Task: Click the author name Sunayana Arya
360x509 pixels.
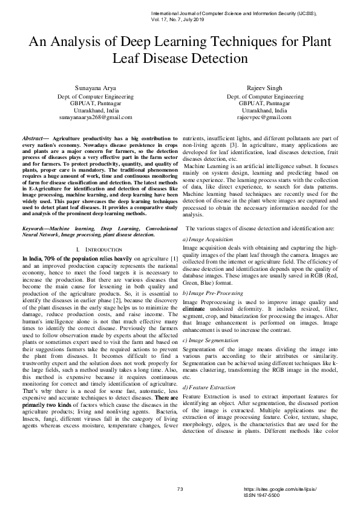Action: (96, 88)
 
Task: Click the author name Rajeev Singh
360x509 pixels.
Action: (264, 88)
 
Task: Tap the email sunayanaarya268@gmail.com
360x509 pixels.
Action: (96, 117)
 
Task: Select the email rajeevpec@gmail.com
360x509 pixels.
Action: (264, 117)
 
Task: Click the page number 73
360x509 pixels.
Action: (180, 489)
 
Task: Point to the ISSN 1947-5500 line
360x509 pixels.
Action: (261, 495)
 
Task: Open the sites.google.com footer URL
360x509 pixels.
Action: (280, 489)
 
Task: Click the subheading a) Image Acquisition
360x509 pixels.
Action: (208, 239)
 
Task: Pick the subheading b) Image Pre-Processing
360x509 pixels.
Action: (213, 293)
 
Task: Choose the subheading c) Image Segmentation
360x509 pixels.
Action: (210, 340)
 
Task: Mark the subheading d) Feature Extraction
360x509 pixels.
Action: (209, 387)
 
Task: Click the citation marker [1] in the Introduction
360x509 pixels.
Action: (174, 259)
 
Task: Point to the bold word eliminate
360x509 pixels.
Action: (194, 309)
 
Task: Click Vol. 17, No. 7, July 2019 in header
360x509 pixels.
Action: (178, 19)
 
